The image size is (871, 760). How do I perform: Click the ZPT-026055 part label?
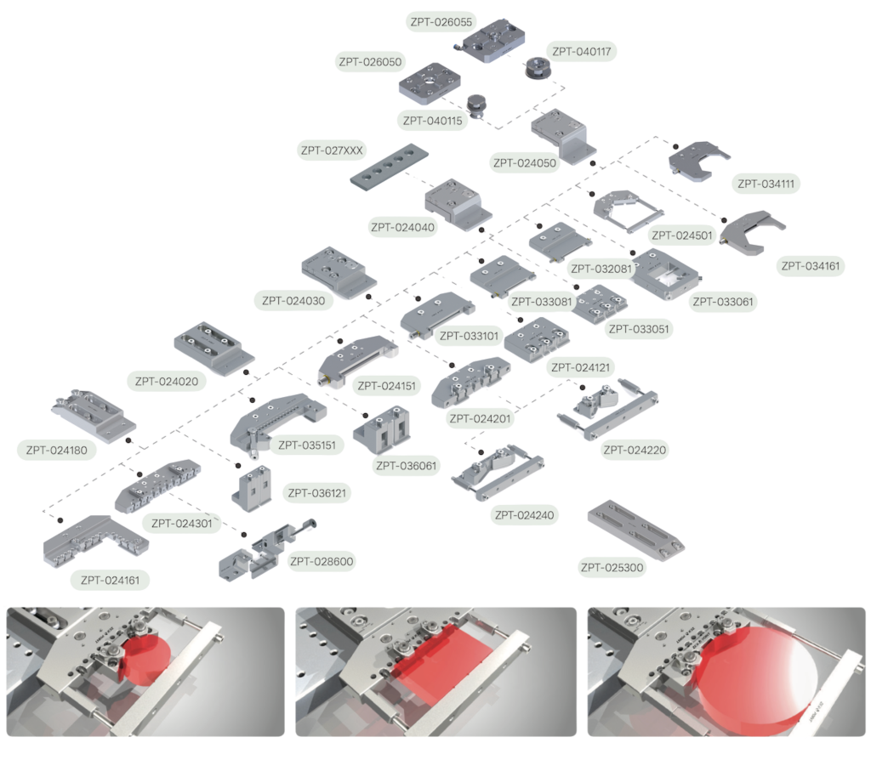click(x=441, y=22)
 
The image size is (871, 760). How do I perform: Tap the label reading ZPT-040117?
click(x=581, y=52)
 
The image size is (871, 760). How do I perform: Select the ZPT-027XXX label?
click(x=332, y=150)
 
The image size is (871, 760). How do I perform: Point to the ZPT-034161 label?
click(x=811, y=266)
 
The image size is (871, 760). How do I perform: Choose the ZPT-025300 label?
click(x=612, y=567)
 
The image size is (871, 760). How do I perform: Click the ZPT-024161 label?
click(x=110, y=580)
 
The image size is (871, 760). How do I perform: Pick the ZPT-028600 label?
click(x=322, y=561)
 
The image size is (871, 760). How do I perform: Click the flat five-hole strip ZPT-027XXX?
click(x=390, y=167)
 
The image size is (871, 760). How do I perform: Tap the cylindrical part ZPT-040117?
click(x=538, y=68)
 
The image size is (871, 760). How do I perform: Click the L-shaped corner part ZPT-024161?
click(x=94, y=542)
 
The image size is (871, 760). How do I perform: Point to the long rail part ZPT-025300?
click(x=636, y=530)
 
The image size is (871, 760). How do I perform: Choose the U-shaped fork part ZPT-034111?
click(x=699, y=161)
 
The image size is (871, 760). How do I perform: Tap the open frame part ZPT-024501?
click(x=627, y=212)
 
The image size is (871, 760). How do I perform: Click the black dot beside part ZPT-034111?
click(x=675, y=146)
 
